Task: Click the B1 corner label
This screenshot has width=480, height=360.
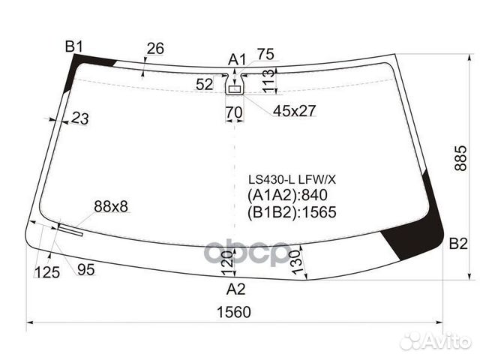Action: [x=73, y=47]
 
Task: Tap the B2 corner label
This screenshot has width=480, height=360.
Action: [x=457, y=244]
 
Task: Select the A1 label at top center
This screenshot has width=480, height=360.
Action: [x=237, y=59]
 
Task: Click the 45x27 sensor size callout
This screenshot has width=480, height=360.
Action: [x=294, y=111]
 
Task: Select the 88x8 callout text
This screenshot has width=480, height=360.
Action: [x=112, y=206]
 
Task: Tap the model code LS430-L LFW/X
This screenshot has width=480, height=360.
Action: [x=292, y=180]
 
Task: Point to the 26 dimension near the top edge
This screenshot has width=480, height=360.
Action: [x=154, y=49]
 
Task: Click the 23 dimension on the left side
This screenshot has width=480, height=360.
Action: [x=80, y=118]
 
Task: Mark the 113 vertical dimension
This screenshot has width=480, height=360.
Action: [x=267, y=81]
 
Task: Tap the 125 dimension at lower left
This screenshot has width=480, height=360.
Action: [x=46, y=272]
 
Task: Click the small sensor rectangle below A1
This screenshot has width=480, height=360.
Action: [x=235, y=89]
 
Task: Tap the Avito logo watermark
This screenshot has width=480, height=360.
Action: [x=434, y=341]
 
